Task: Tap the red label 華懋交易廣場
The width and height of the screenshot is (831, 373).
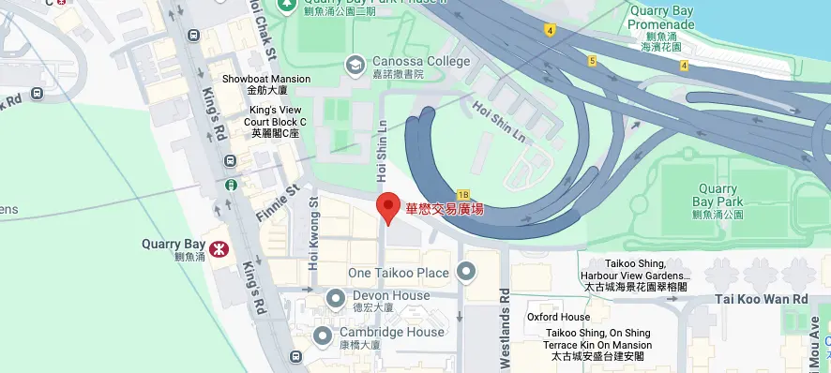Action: tap(445, 209)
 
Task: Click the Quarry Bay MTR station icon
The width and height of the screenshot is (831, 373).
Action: tap(219, 249)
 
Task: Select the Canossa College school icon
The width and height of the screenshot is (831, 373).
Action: tap(355, 64)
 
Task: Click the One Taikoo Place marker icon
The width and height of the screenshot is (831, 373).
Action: tap(467, 272)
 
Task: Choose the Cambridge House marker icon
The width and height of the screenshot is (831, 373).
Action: tap(323, 335)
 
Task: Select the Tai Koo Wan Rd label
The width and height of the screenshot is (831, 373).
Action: tap(761, 299)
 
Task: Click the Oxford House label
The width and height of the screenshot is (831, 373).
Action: tap(558, 317)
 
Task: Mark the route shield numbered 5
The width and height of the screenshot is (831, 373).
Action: tap(592, 61)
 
